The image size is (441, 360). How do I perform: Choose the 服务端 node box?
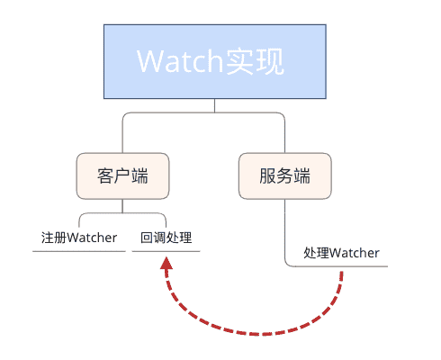coord(283,175)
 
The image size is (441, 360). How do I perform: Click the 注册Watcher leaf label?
coord(79,238)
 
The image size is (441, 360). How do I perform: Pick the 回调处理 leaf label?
coord(166,238)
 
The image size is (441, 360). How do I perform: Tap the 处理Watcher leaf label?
coord(342,253)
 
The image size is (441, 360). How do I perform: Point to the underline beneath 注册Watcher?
coord(79,251)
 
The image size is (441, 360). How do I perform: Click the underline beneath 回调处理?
coord(166,251)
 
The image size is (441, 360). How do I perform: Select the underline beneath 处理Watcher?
coord(342,266)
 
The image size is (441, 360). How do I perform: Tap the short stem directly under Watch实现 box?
coord(215,105)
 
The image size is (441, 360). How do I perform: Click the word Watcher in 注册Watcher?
coord(94,238)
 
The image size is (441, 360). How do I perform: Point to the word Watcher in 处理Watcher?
coord(355,253)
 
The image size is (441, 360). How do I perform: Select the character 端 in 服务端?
coord(304,175)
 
